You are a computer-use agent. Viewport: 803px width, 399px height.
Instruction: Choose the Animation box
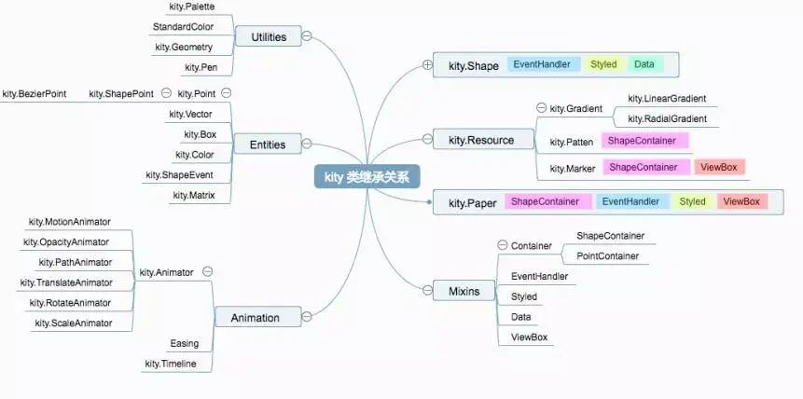pos(255,318)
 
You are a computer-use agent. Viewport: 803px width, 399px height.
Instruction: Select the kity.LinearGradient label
pos(666,98)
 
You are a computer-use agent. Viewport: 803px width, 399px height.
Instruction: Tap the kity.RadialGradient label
pos(667,118)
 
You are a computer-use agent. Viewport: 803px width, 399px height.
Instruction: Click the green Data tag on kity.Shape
pos(644,64)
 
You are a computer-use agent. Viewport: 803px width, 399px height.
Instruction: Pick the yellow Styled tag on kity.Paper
pos(692,201)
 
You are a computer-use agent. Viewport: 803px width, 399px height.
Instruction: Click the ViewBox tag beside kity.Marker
pos(719,167)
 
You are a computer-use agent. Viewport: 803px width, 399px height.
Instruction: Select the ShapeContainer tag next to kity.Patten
pos(644,141)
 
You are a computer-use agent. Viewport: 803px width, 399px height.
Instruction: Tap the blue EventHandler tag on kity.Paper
pos(630,201)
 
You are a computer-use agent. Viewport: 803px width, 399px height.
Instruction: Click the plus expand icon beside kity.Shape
pos(427,64)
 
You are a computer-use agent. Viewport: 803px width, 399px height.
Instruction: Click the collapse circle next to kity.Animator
pos(207,272)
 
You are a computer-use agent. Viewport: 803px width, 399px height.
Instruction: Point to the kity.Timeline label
pos(171,364)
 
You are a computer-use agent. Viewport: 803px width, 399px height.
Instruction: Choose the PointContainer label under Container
pos(607,255)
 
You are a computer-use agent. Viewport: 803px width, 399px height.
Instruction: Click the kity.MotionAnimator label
pos(70,222)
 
